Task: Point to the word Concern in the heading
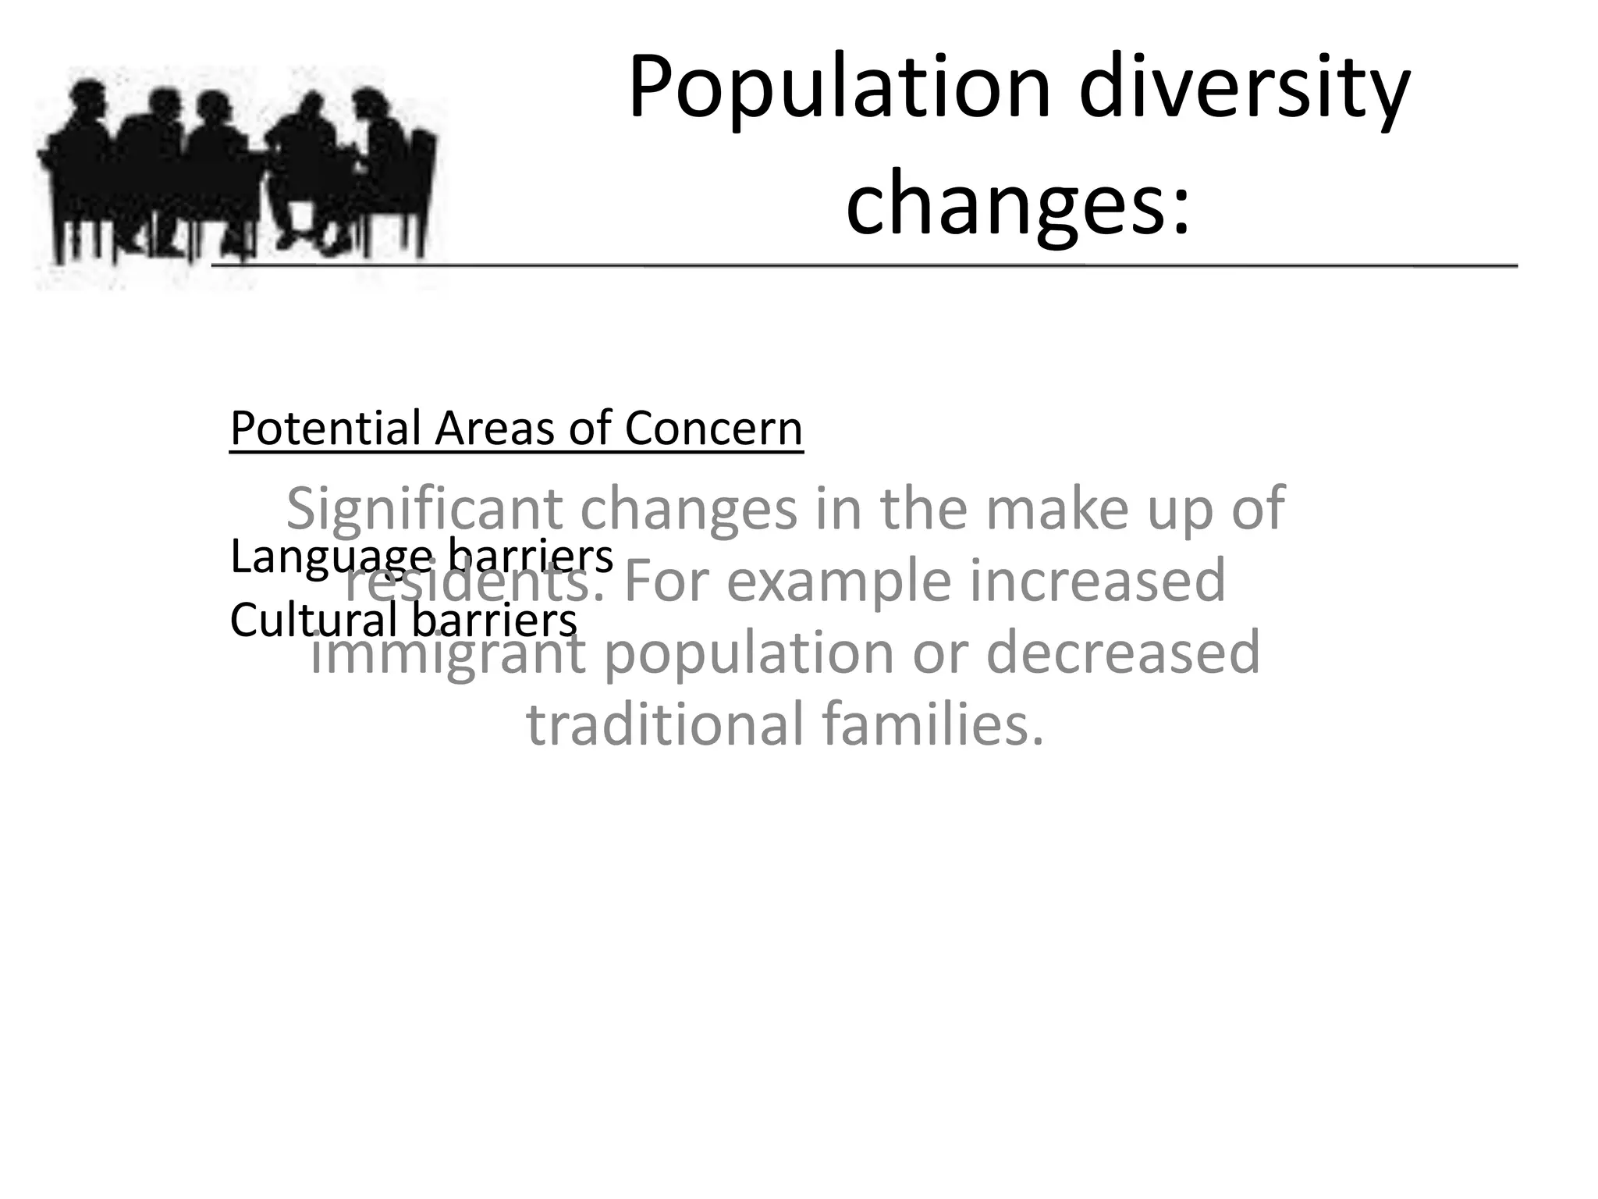click(713, 429)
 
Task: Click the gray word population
click(749, 654)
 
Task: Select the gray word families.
click(933, 724)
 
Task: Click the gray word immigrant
click(448, 654)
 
